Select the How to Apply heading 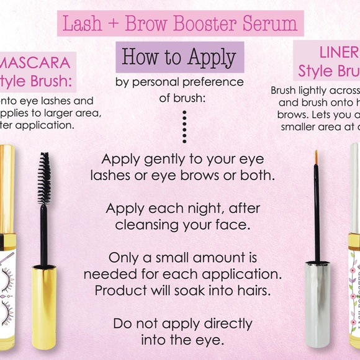(x=179, y=57)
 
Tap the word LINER (x=338, y=52)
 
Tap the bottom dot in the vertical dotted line (x=184, y=141)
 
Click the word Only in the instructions (x=123, y=257)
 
